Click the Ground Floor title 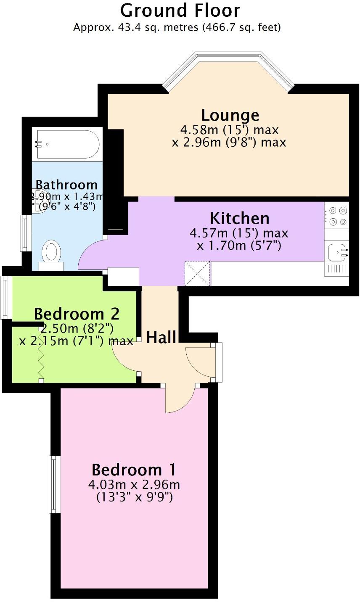click(x=180, y=10)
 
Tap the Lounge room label click(x=230, y=115)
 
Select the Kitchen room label click(x=239, y=218)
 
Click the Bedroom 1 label click(x=134, y=469)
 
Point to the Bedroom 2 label click(x=77, y=314)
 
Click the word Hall click(x=161, y=337)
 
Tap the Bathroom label click(x=66, y=185)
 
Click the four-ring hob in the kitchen click(x=337, y=215)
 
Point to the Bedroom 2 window click(x=6, y=297)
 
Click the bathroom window click(x=25, y=233)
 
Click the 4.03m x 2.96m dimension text click(x=134, y=485)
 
